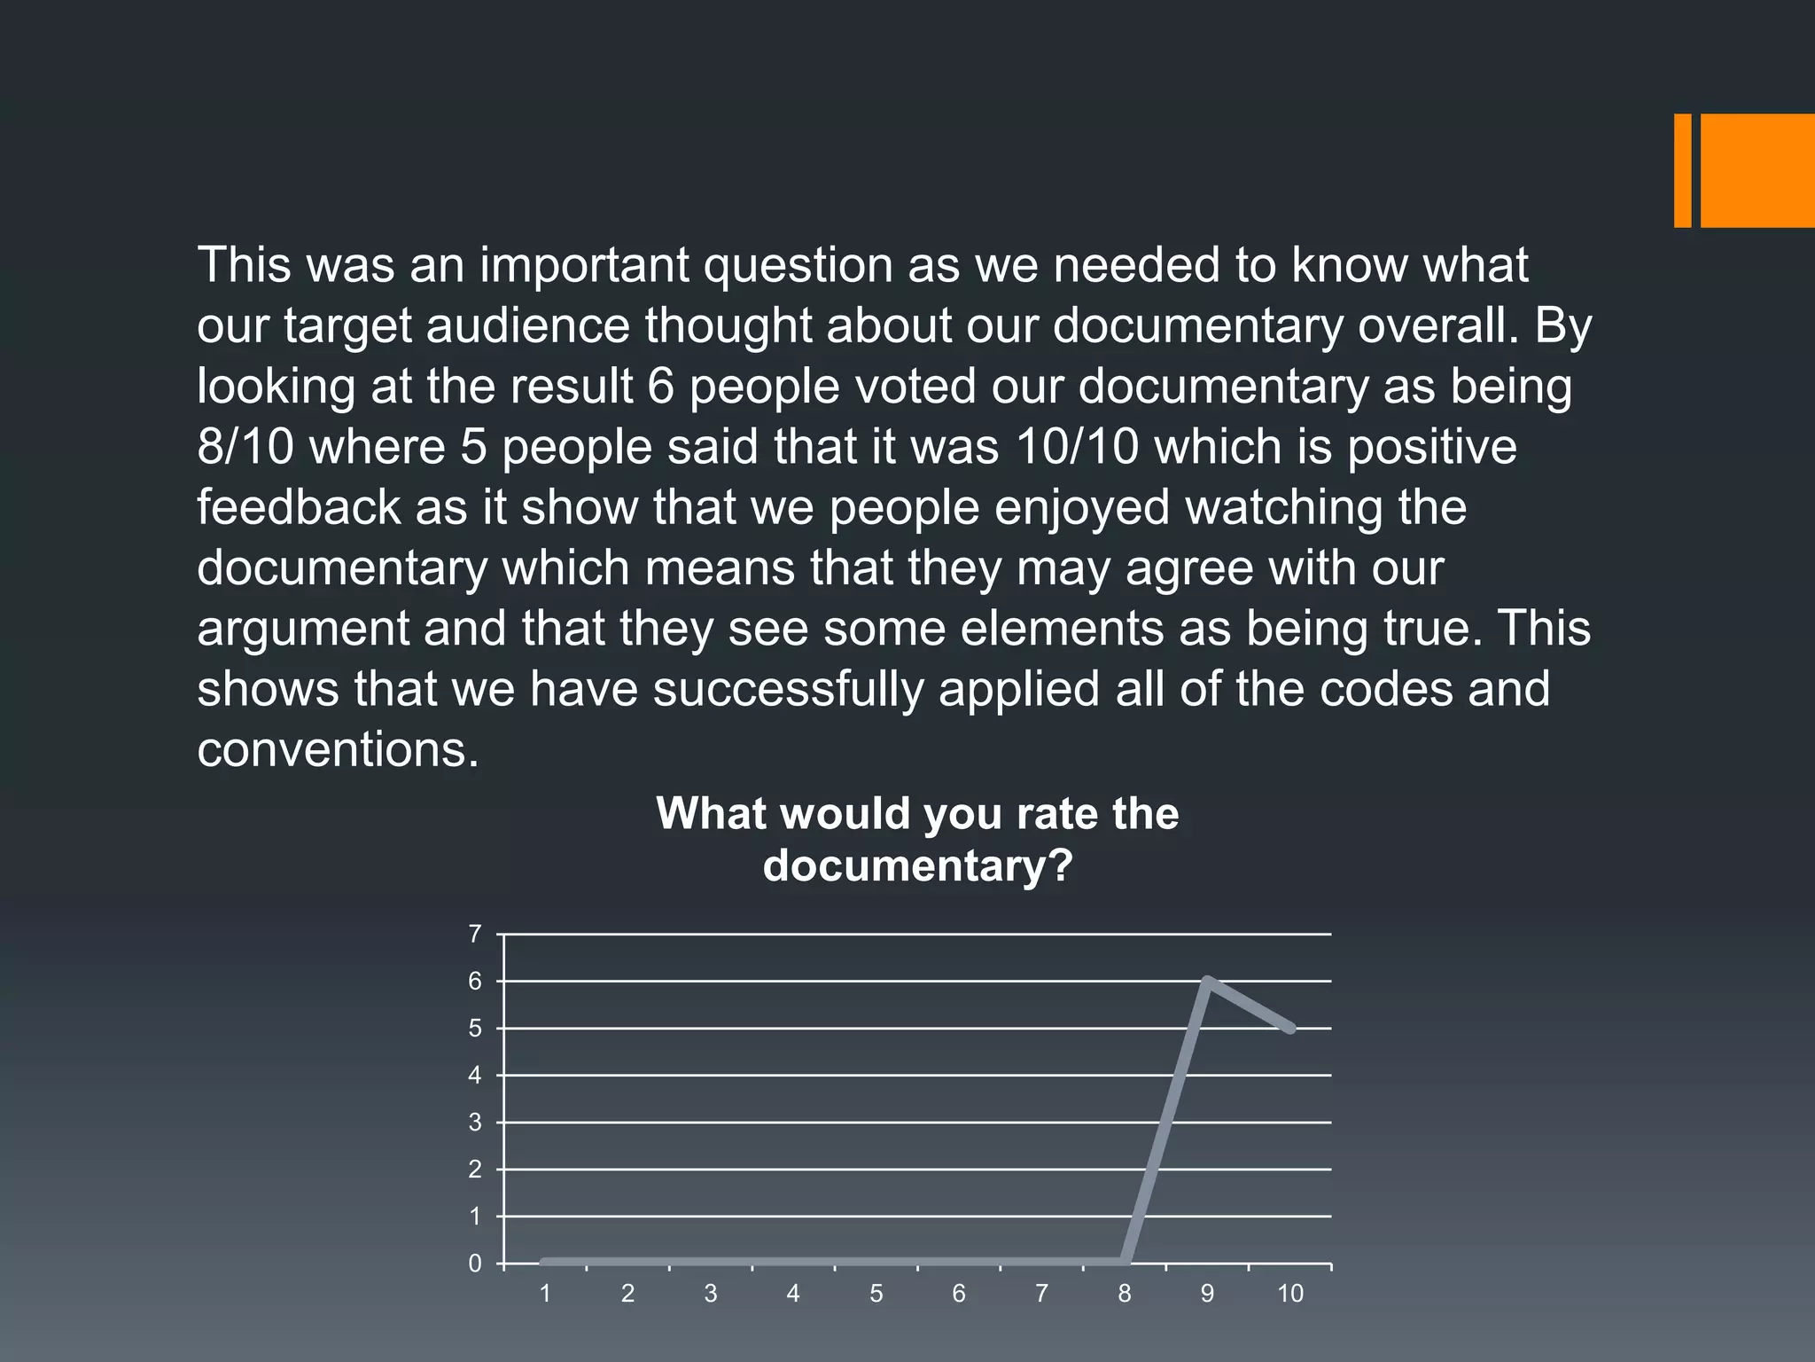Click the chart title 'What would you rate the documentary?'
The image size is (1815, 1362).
pos(917,838)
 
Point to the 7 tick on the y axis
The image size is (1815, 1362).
pos(475,934)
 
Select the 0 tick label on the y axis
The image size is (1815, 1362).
pos(475,1264)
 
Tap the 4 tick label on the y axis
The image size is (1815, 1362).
pos(475,1076)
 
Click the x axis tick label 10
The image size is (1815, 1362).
pos(1290,1294)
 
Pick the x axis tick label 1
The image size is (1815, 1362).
pos(545,1294)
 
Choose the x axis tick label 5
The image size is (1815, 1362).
pos(876,1294)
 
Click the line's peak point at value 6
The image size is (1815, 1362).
pos(1207,981)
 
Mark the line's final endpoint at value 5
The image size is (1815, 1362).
pos(1290,1029)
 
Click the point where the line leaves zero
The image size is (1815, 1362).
pos(1125,1263)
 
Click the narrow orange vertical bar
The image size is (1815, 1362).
pos(1682,170)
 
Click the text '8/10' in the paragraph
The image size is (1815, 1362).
pos(245,447)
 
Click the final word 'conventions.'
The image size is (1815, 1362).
pos(338,750)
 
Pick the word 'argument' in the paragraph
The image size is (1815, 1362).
pos(301,629)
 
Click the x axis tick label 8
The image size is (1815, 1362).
pos(1125,1294)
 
